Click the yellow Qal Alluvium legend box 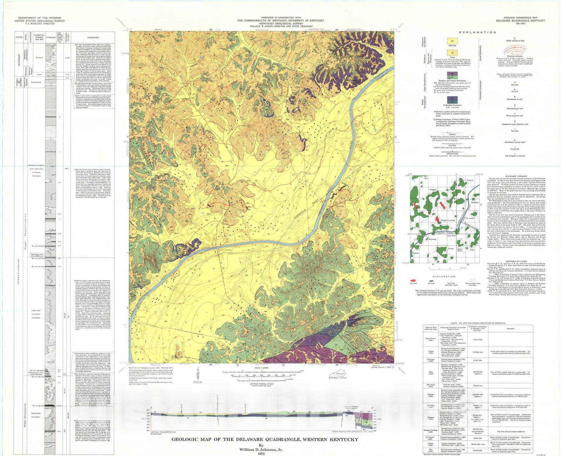click(452, 41)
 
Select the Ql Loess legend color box click(452, 53)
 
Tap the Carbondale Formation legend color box click(452, 100)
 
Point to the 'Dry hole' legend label click(514, 85)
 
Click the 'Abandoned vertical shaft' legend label click(514, 142)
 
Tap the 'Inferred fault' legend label click(452, 153)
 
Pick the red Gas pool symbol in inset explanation click(414, 280)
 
